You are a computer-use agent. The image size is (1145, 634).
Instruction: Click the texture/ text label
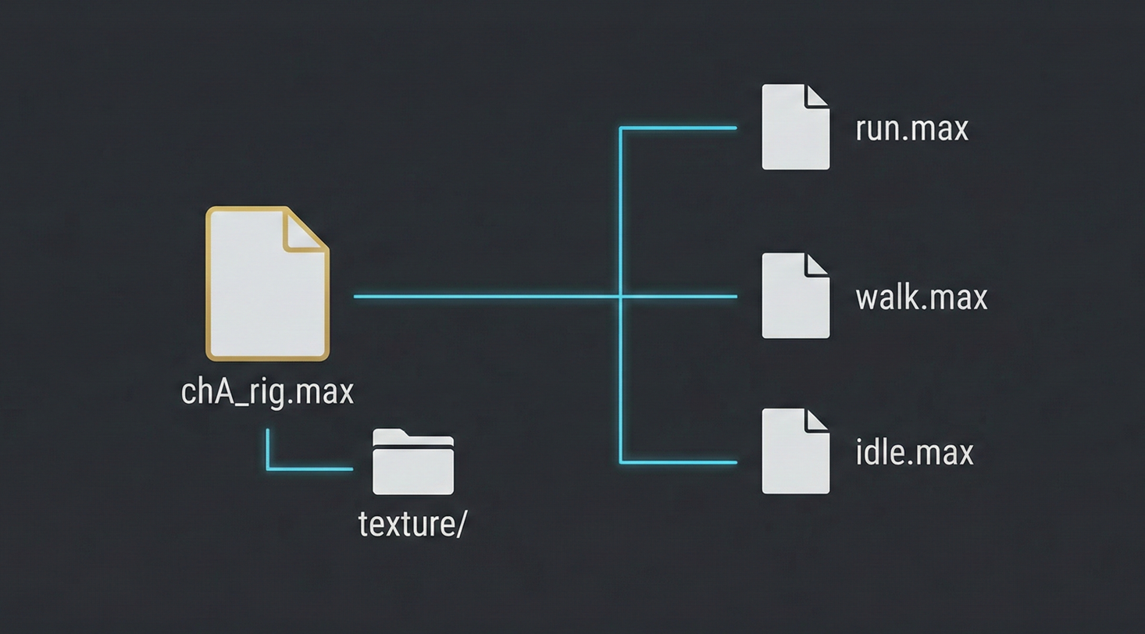[x=412, y=525]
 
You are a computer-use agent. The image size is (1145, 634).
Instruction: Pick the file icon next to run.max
[x=795, y=127]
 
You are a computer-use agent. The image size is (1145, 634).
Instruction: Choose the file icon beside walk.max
[x=795, y=296]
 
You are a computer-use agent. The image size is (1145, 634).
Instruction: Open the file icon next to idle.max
[x=795, y=451]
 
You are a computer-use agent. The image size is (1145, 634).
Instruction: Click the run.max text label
[x=911, y=129]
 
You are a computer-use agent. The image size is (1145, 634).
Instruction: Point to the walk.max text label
[x=922, y=297]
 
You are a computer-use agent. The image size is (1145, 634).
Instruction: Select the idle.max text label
[x=914, y=453]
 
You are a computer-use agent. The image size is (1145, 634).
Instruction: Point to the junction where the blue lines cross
[x=620, y=297]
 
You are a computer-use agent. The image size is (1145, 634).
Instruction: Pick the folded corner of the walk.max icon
[x=817, y=265]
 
